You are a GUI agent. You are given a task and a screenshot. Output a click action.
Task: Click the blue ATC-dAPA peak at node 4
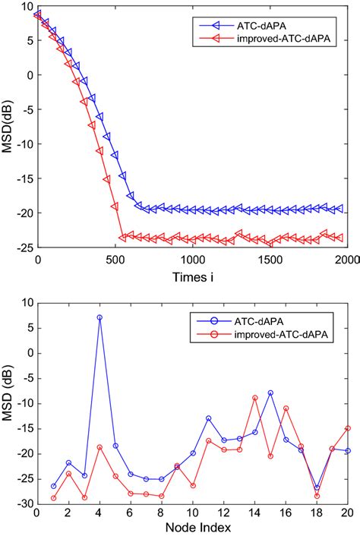[x=99, y=317]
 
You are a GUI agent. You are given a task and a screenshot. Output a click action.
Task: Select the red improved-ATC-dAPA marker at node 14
[x=255, y=398]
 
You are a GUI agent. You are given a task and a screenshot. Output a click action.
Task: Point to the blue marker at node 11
[x=208, y=418]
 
